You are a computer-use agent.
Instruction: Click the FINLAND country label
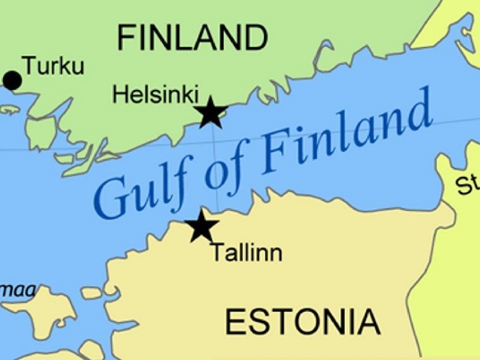(x=192, y=38)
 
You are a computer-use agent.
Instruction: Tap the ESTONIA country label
(x=302, y=322)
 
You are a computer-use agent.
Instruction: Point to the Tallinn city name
(x=246, y=253)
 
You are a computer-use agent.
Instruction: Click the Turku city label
(x=53, y=65)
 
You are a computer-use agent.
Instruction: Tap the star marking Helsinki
(x=211, y=113)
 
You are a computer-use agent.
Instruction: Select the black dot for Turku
(x=12, y=80)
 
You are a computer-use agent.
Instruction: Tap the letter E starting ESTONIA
(x=234, y=322)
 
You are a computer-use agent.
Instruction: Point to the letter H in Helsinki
(x=119, y=94)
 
